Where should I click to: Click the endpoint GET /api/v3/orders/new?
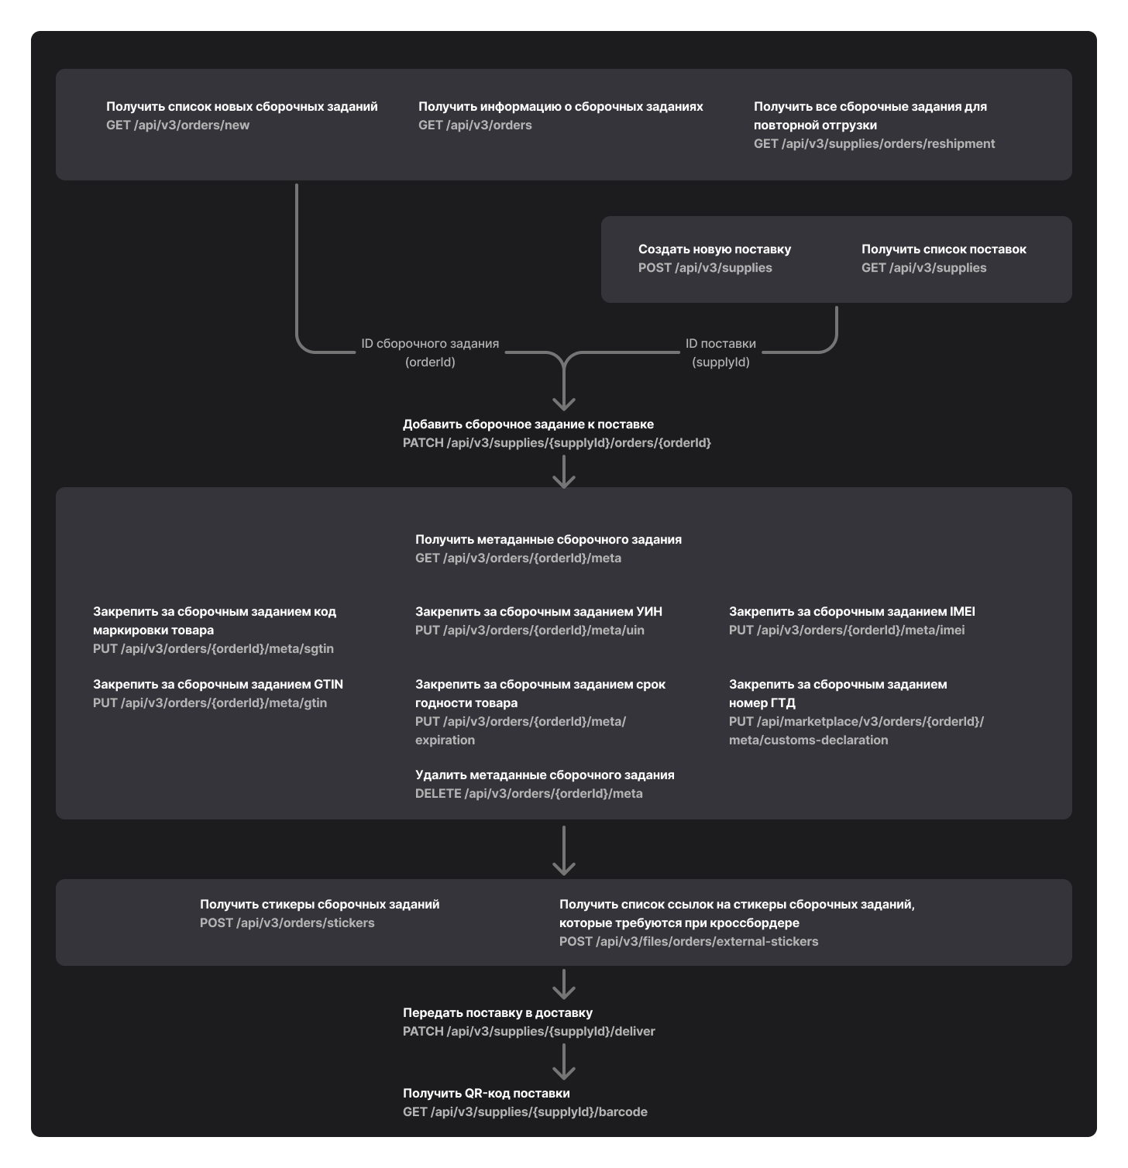[177, 125]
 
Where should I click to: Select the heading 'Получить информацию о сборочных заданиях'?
[560, 107]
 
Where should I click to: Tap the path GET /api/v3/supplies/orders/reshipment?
[874, 144]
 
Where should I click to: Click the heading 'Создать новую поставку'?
[714, 249]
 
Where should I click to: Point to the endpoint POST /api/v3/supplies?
[705, 268]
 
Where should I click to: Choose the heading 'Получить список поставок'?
[944, 249]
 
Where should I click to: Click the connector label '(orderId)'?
[430, 362]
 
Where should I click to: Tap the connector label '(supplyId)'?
[720, 362]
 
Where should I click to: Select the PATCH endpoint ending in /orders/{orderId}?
[556, 443]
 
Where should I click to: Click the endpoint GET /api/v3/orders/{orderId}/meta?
[518, 558]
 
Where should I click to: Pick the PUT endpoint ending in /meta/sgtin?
[213, 649]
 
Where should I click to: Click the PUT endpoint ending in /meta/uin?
[529, 630]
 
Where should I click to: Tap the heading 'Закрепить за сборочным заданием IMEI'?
[851, 612]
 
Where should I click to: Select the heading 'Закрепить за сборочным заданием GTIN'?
[218, 685]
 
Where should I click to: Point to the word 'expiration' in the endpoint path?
[445, 740]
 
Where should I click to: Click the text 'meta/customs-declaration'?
[808, 740]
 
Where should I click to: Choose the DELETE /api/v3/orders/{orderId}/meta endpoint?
[528, 794]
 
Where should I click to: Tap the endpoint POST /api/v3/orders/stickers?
[287, 923]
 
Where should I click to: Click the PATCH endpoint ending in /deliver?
[528, 1032]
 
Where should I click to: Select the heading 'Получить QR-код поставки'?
[486, 1094]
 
